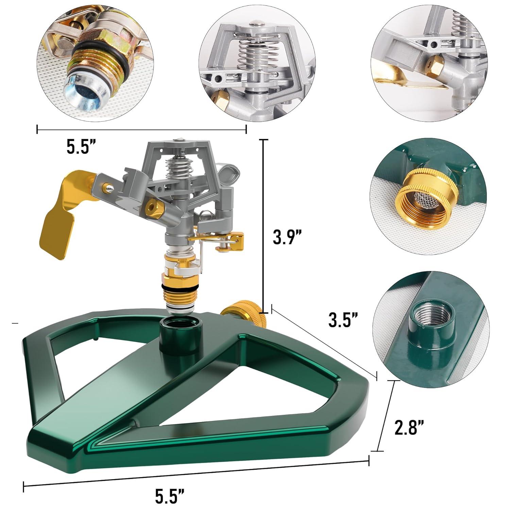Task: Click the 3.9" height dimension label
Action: (287, 237)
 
